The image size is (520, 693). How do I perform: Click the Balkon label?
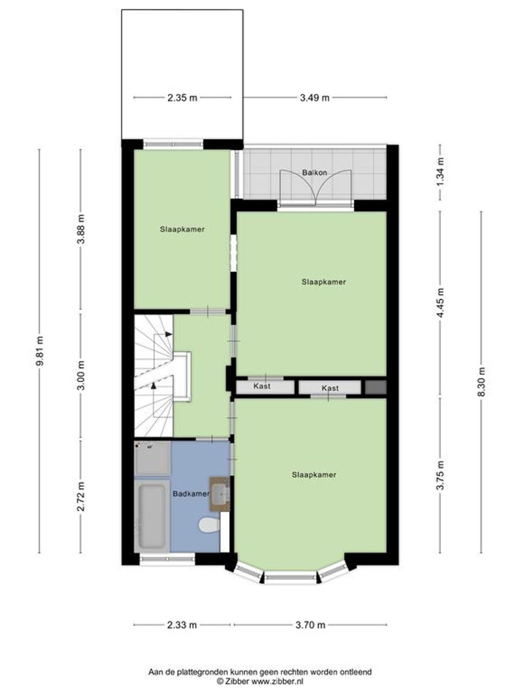[314, 173]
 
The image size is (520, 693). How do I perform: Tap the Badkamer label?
[191, 494]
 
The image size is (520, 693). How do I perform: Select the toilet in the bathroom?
[209, 525]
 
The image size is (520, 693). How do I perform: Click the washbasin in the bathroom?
[220, 494]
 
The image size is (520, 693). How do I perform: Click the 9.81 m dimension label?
[39, 351]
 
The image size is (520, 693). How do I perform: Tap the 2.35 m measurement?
[182, 98]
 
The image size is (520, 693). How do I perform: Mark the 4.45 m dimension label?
[441, 303]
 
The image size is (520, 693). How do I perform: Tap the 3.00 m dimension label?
[81, 375]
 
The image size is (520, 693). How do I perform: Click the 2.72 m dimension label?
[81, 496]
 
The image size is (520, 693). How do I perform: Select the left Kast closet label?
[262, 386]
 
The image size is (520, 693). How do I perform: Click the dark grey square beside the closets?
[376, 387]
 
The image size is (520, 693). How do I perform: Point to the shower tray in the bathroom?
[153, 459]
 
